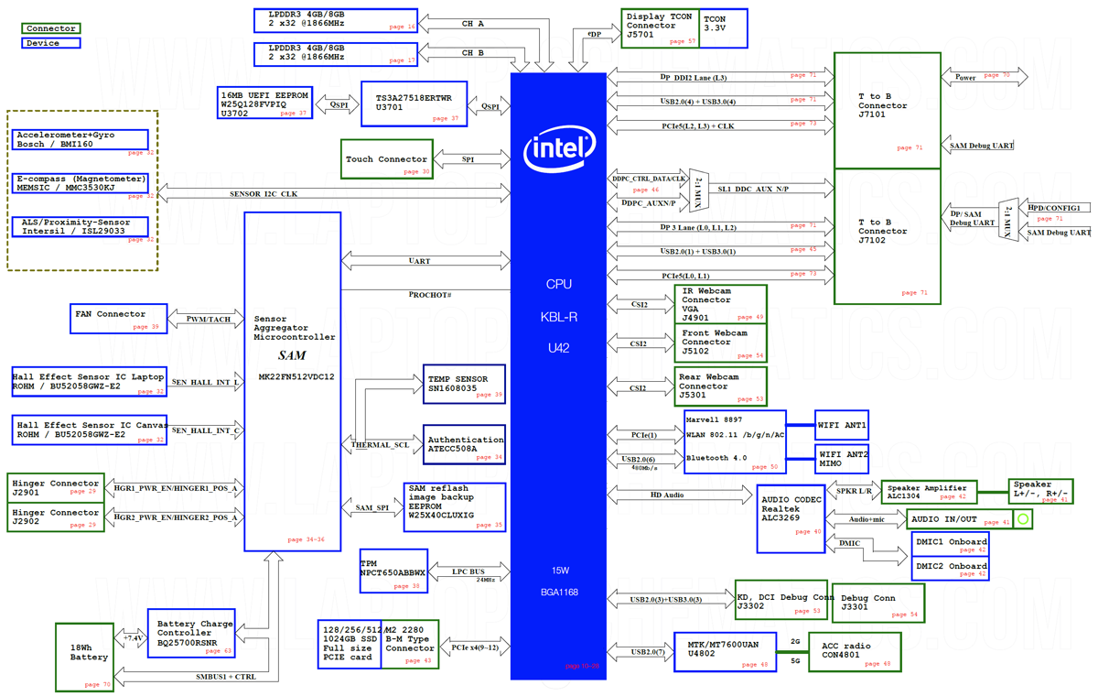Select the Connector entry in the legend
coord(50,28)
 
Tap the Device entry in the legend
coord(50,43)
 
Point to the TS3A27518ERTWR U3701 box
coord(422,103)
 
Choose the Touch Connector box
coord(386,159)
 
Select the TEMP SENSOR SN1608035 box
coord(465,384)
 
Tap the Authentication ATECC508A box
coord(465,444)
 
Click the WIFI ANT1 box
coord(842,425)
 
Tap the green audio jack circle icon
coord(1023,519)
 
